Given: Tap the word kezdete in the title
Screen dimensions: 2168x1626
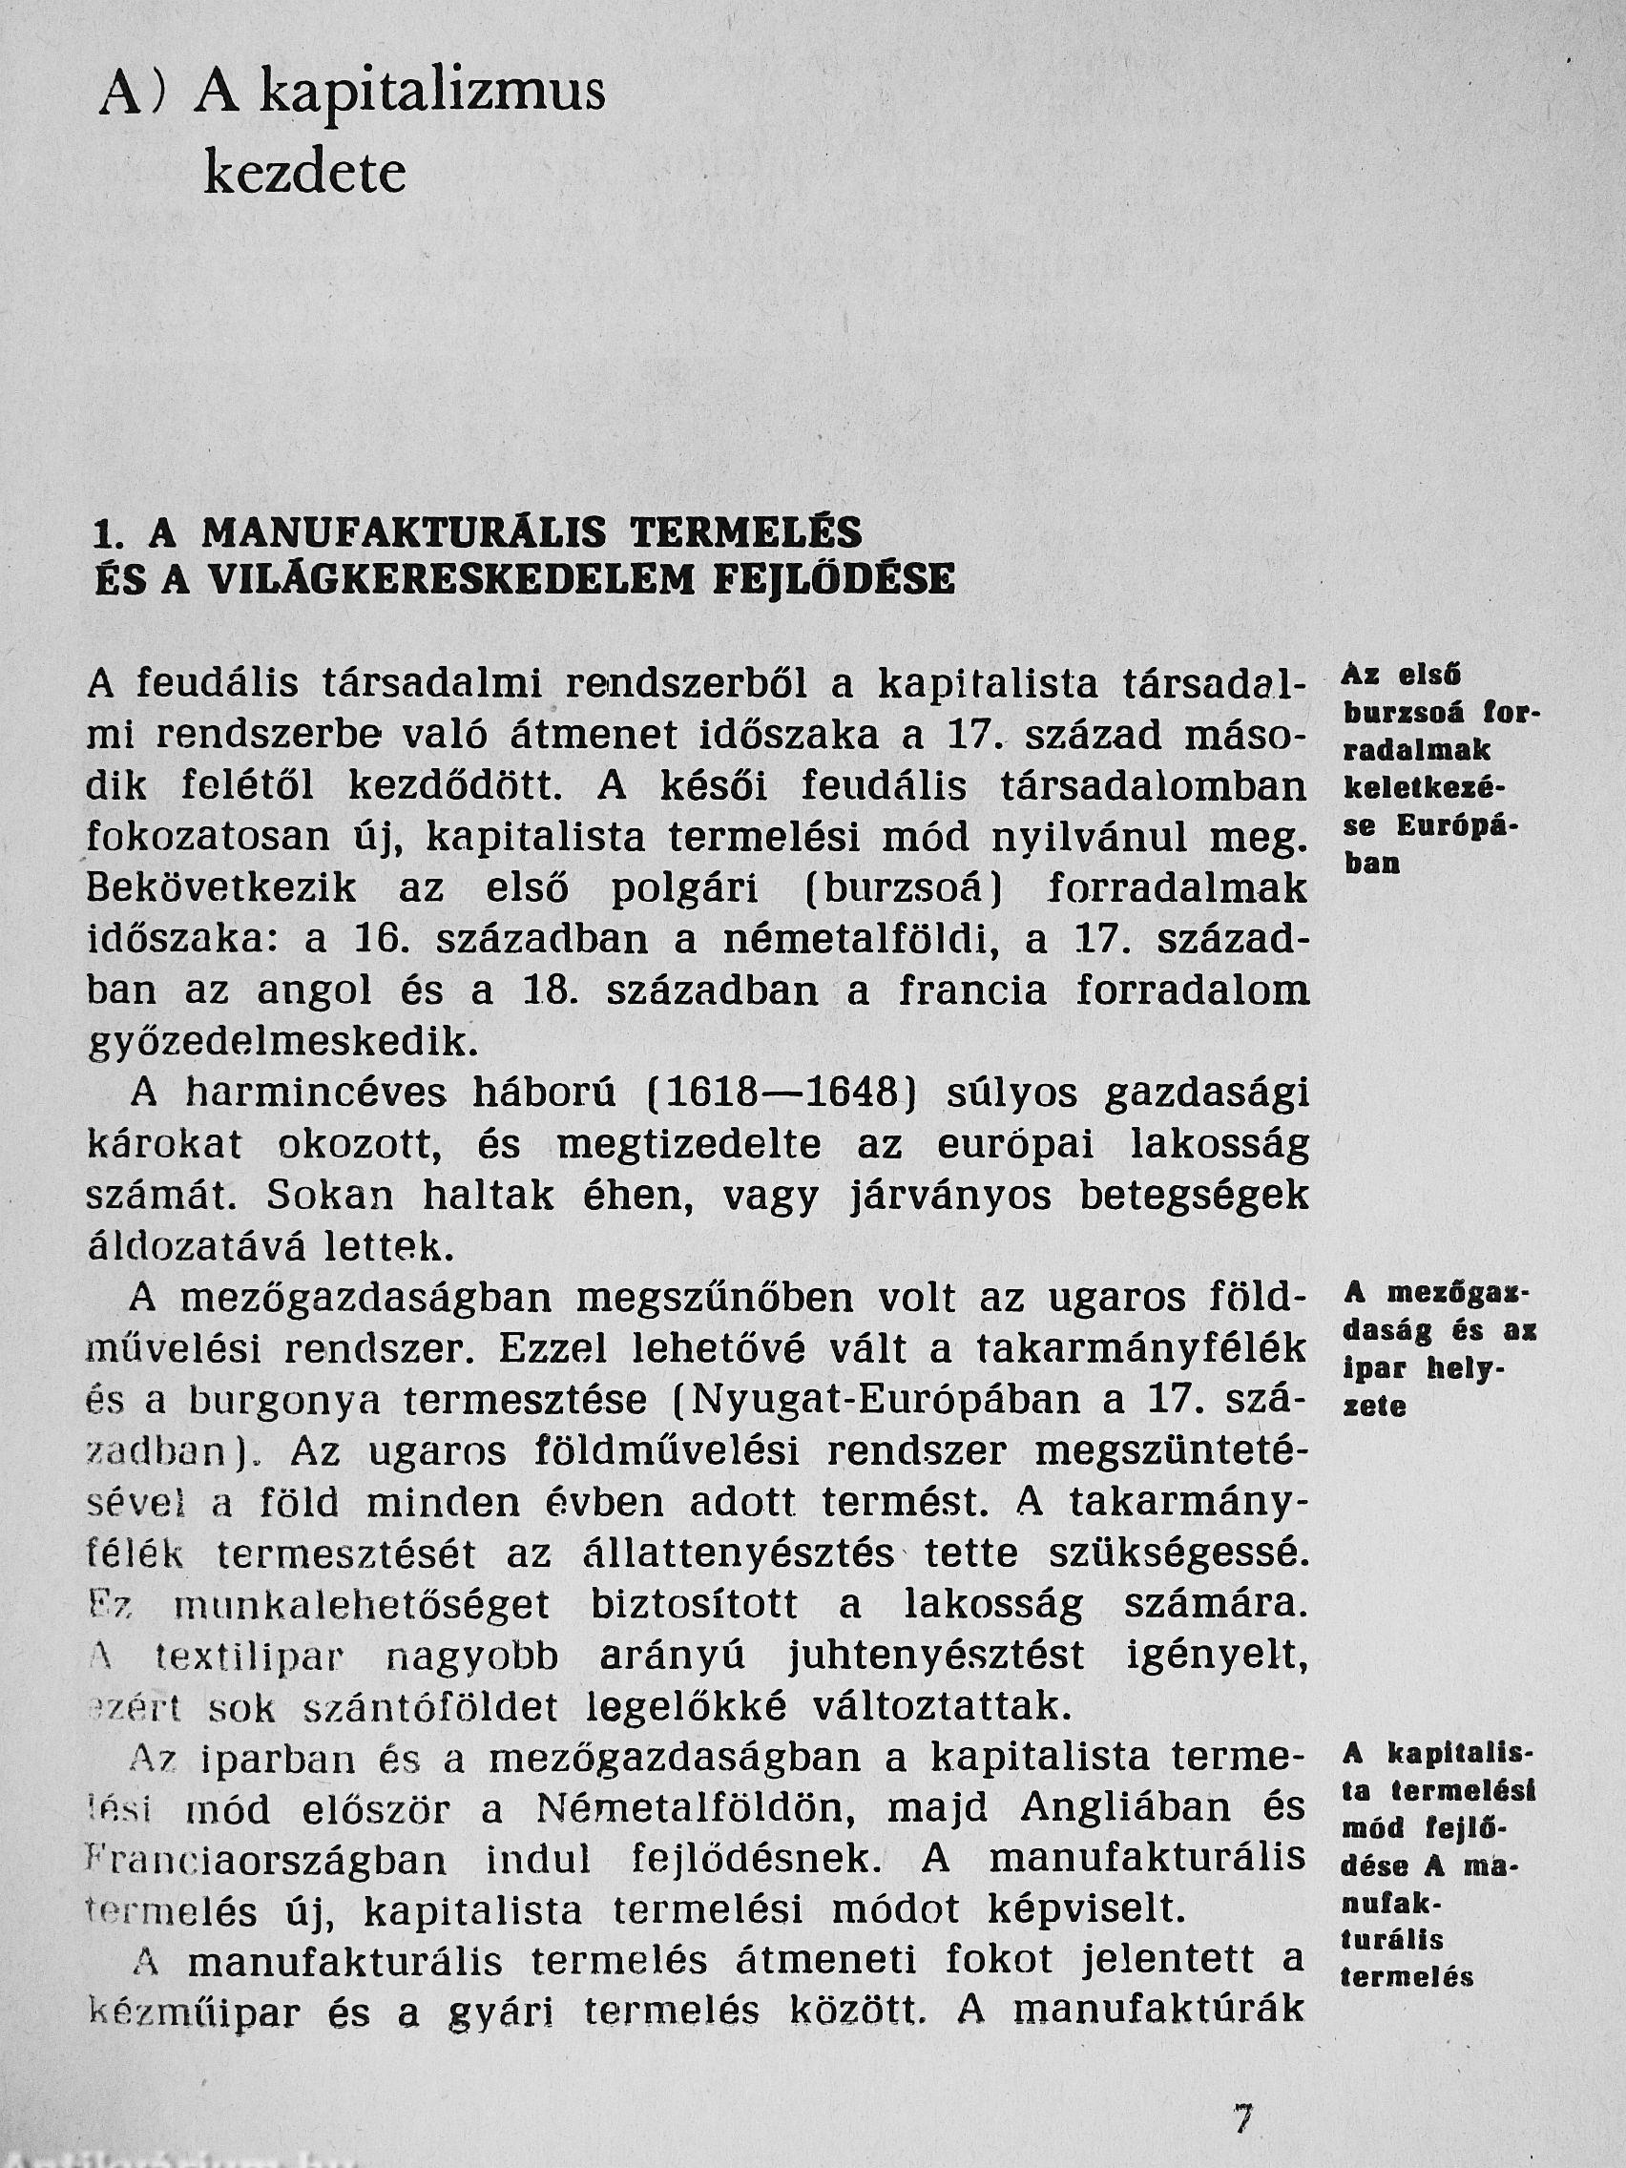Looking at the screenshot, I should point(303,175).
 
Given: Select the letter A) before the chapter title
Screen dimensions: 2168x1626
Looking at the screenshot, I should point(132,97).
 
